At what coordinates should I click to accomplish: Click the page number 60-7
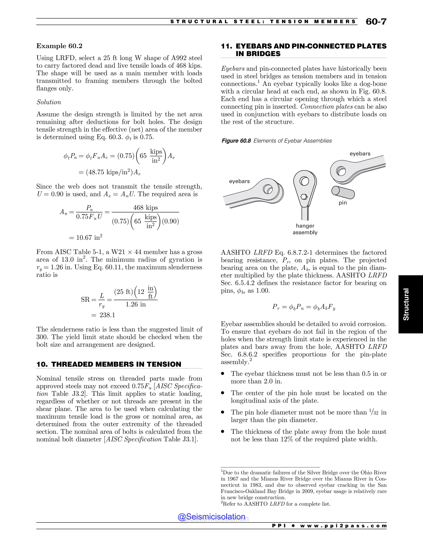click(x=376, y=22)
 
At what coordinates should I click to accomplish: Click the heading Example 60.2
click(x=59, y=46)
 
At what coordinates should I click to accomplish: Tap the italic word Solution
click(x=49, y=102)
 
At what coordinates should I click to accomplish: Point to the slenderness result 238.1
click(x=107, y=315)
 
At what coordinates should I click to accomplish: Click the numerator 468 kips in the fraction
click(x=145, y=208)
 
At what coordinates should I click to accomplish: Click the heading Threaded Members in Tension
click(x=109, y=364)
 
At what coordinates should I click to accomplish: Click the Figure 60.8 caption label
click(x=236, y=141)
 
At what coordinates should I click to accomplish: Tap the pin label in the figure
click(x=343, y=203)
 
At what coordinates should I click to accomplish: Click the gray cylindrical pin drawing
click(x=343, y=192)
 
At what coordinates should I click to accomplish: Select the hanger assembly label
click(x=305, y=229)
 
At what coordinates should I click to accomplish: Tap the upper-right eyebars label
click(x=360, y=154)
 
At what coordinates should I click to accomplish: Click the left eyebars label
click(x=239, y=181)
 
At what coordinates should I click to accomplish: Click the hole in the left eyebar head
click(x=267, y=190)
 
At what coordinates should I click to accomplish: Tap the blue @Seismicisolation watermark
click(x=211, y=517)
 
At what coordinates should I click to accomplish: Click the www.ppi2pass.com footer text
click(x=343, y=526)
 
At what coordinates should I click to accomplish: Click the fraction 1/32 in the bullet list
click(x=374, y=412)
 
